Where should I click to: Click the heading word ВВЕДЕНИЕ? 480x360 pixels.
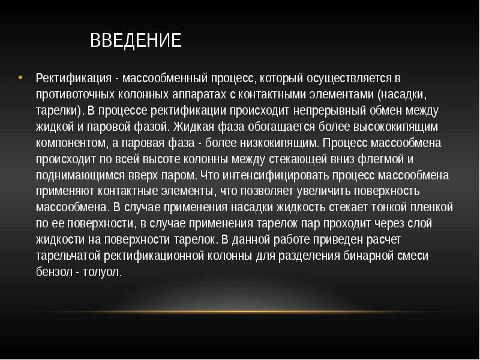point(136,41)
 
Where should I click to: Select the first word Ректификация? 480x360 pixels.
point(71,79)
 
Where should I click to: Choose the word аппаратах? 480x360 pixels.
point(198,95)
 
